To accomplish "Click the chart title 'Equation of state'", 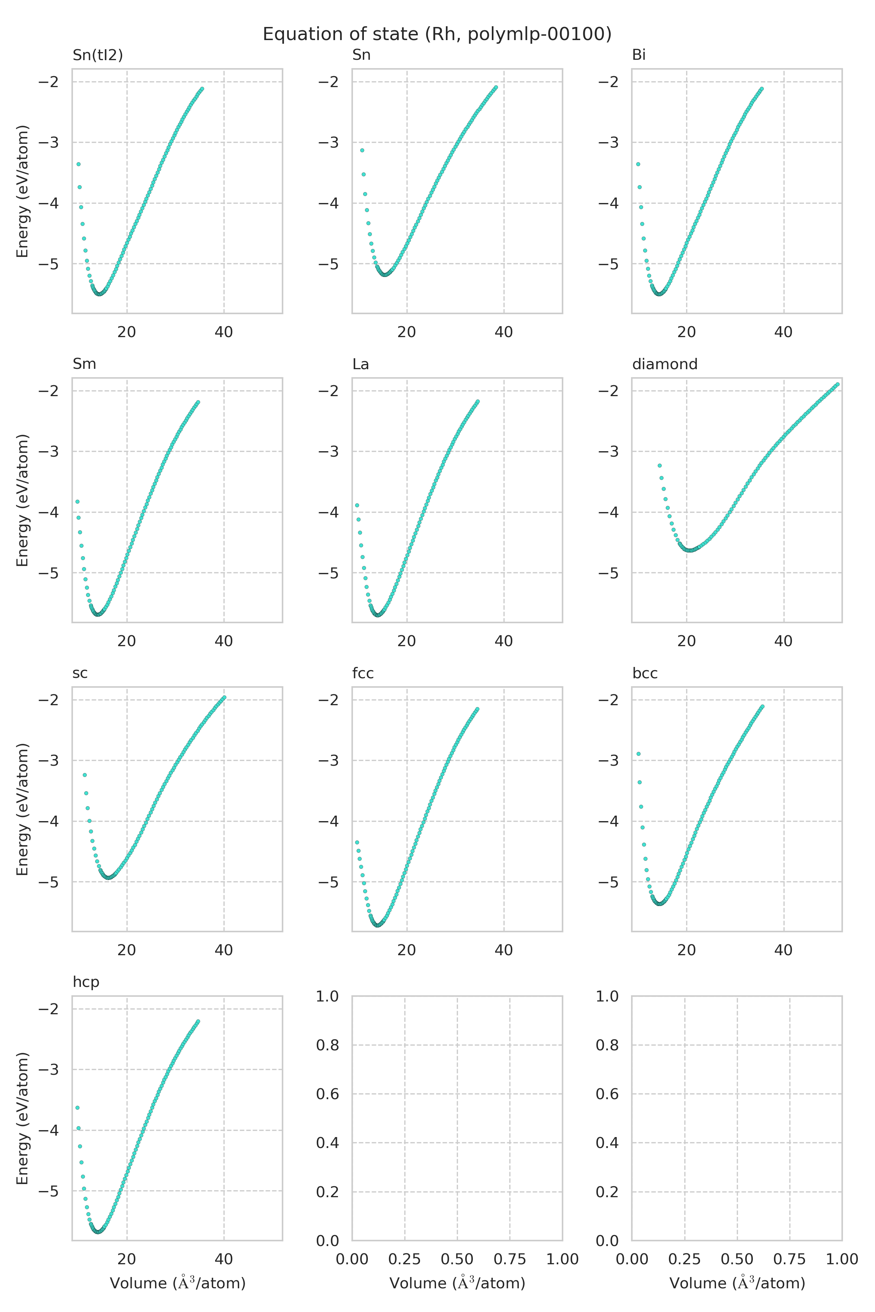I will click(x=437, y=35).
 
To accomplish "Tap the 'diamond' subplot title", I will click(x=665, y=364).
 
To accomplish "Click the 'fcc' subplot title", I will click(x=363, y=673).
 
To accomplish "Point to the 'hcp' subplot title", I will click(x=86, y=982).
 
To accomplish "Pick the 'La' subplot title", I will click(x=361, y=364).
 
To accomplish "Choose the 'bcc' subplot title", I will click(x=645, y=673).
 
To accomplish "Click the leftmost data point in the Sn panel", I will click(x=362, y=151).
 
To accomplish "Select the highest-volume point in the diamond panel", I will click(x=837, y=384).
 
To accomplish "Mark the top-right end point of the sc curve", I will click(x=224, y=697).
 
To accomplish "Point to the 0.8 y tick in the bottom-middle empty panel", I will click(x=327, y=1045).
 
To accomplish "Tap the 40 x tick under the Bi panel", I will click(x=783, y=332).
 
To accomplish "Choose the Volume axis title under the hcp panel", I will click(x=178, y=1284).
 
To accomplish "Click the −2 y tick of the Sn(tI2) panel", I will click(x=48, y=82).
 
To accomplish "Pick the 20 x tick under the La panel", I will click(x=406, y=641).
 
